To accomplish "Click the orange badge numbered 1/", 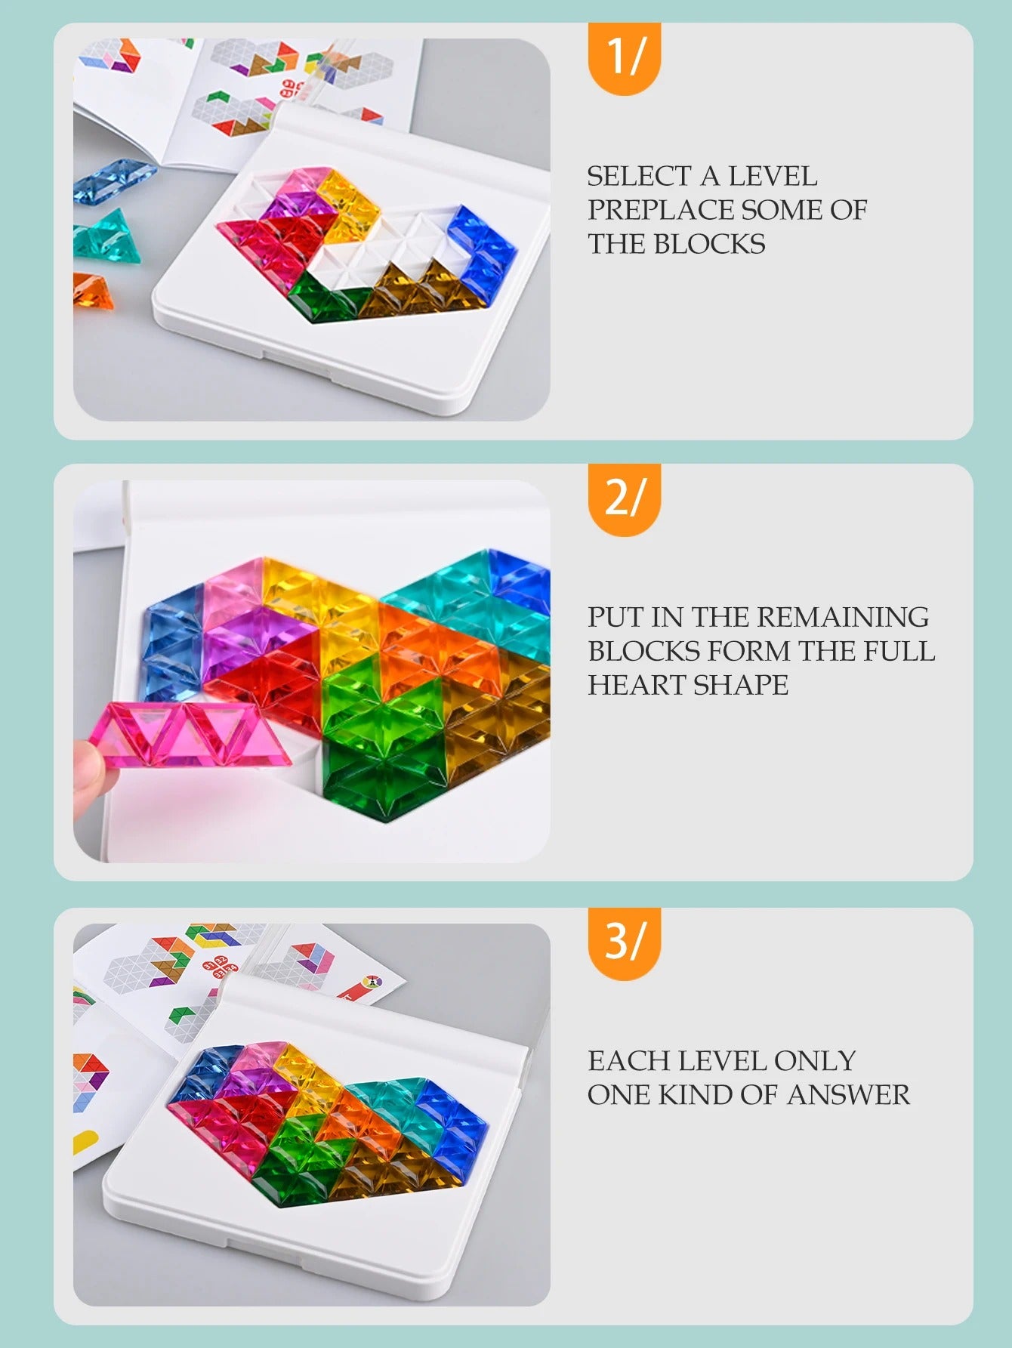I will pos(624,57).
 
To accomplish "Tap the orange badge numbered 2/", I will pos(624,498).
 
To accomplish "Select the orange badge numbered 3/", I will pos(624,942).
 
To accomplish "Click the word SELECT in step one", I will pos(637,177).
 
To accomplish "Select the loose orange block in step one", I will pos(93,292).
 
